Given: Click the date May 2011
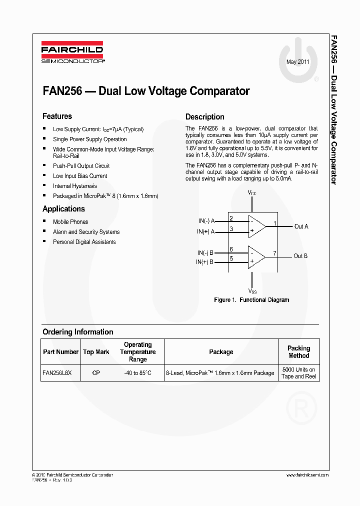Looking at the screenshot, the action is tap(298, 62).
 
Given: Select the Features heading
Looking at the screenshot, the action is tap(57, 116).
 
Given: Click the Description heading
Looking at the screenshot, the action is tap(204, 117).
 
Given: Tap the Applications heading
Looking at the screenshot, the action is tap(63, 209).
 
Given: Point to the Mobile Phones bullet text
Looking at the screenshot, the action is tap(70, 222).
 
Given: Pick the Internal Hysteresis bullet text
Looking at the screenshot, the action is tap(75, 186).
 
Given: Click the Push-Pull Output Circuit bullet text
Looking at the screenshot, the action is tap(81, 166).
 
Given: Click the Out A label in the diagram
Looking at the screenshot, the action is tap(301, 226).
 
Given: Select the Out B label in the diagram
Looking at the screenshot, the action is tap(300, 256).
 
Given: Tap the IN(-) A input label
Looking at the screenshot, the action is tap(206, 220).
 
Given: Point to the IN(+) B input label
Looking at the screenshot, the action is tap(205, 262).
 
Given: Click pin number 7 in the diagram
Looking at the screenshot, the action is tap(274, 253).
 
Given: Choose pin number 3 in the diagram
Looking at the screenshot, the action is tap(231, 229).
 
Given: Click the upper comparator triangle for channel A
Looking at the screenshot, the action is tap(256, 225).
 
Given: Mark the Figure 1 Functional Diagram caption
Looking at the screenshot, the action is tap(251, 300).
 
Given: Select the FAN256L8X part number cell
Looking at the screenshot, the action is tap(57, 373).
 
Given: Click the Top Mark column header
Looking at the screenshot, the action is tap(96, 352).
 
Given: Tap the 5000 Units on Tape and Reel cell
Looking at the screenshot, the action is tap(298, 373).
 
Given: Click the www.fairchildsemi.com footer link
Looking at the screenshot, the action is tap(307, 474).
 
